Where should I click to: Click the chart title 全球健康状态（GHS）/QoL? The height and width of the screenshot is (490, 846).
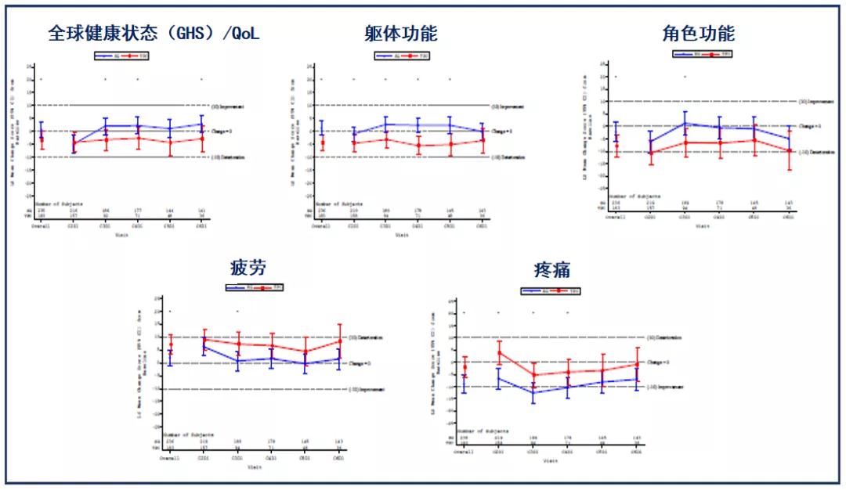tap(154, 34)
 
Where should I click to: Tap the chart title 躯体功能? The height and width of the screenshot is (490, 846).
tap(401, 34)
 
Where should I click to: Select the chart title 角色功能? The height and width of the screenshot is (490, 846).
tap(700, 34)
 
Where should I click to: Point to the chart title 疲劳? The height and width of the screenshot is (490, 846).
tap(248, 268)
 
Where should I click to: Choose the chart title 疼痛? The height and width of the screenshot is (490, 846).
tap(551, 271)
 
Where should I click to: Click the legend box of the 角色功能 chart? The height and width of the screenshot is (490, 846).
tap(702, 54)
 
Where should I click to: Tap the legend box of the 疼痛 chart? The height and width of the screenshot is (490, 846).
tap(551, 291)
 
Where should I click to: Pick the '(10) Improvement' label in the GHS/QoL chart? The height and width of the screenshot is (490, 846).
tap(228, 106)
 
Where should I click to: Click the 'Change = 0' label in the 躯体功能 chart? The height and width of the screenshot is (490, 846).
tap(501, 132)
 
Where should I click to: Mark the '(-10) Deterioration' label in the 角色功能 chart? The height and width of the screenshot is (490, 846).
tap(815, 152)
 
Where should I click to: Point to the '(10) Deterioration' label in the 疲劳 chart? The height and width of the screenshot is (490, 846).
tap(365, 337)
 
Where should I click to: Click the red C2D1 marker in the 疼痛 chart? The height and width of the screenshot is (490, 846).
tap(498, 352)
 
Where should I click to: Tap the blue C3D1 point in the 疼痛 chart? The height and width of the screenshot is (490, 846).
tap(533, 391)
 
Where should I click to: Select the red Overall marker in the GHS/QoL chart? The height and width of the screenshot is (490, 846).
tap(42, 139)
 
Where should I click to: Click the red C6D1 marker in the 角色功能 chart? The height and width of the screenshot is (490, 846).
tap(790, 150)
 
